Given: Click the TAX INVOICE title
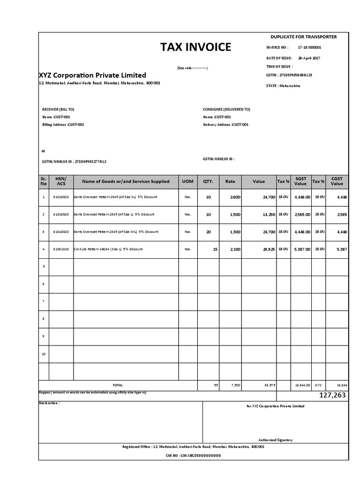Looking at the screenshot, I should (196, 47).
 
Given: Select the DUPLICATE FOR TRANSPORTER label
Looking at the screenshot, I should (303, 37).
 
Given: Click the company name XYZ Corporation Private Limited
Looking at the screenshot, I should (92, 75).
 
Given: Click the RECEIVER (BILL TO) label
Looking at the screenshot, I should (58, 109).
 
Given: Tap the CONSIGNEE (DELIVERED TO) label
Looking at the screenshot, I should (226, 109).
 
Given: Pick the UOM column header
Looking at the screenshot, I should (187, 181).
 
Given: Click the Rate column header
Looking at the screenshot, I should (230, 181).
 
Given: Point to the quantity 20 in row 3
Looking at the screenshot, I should (209, 232).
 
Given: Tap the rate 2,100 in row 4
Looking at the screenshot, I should (235, 249).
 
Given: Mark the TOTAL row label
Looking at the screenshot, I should (117, 385).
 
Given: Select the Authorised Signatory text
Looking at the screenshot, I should (276, 440).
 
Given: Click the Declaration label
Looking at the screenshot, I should (49, 403).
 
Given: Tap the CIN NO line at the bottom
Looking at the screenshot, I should (193, 455).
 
